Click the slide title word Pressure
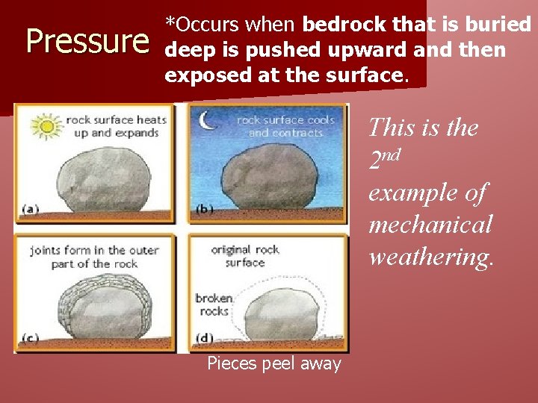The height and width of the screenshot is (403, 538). pyautogui.click(x=87, y=43)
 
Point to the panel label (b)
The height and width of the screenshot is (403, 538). pyautogui.click(x=205, y=210)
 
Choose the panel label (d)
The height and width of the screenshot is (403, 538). pyautogui.click(x=205, y=339)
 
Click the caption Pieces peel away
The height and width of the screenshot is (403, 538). pyautogui.click(x=273, y=364)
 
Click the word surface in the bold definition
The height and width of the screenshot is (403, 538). pyautogui.click(x=370, y=75)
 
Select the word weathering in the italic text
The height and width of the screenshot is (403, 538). pyautogui.click(x=431, y=257)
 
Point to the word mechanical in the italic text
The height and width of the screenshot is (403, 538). pyautogui.click(x=430, y=224)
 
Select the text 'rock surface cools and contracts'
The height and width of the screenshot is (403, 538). pyautogui.click(x=285, y=126)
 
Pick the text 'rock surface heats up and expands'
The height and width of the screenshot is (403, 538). pyautogui.click(x=116, y=126)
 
